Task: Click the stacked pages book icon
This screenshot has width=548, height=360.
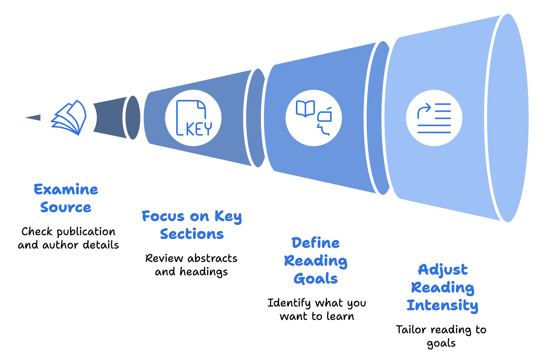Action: click(69, 117)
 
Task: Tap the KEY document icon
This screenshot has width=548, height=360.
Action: click(193, 118)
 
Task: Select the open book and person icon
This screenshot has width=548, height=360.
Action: click(313, 118)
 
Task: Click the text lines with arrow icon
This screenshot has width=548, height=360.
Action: click(434, 118)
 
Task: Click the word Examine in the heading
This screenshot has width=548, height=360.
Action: click(66, 189)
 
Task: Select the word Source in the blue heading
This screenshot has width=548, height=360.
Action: click(66, 207)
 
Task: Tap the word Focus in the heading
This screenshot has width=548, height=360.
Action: click(164, 216)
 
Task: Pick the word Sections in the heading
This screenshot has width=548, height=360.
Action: click(192, 234)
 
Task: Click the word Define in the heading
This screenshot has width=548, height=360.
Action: click(315, 243)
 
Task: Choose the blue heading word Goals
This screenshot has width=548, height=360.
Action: click(316, 279)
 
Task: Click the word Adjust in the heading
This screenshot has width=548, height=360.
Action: click(442, 270)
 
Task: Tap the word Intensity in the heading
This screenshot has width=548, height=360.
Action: click(442, 305)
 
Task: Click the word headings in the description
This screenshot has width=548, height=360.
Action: click(204, 272)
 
